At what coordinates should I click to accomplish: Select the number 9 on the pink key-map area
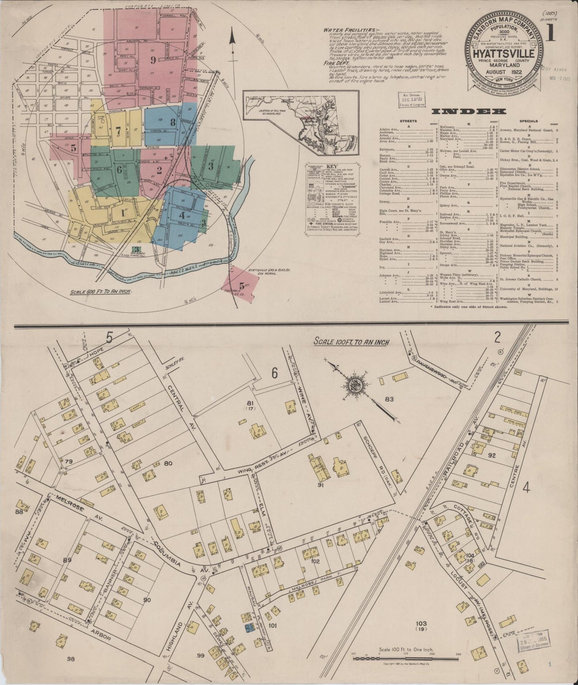(x=152, y=60)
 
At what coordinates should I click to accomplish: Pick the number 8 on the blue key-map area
(x=172, y=122)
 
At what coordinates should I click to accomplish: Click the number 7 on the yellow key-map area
(x=118, y=130)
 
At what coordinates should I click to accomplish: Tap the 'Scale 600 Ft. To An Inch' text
(x=102, y=292)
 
